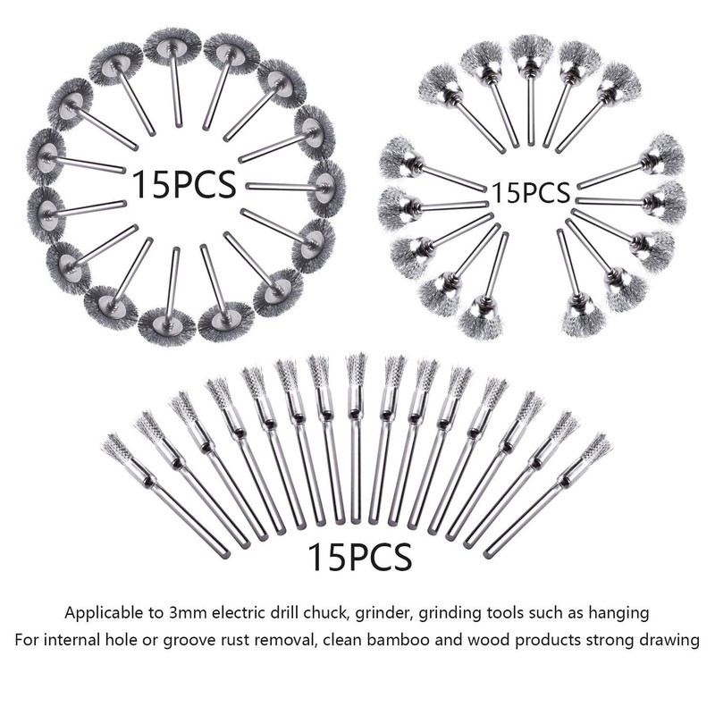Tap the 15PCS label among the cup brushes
click(530, 192)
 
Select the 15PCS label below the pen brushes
click(360, 556)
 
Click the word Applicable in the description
click(104, 613)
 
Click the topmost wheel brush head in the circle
click(172, 46)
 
